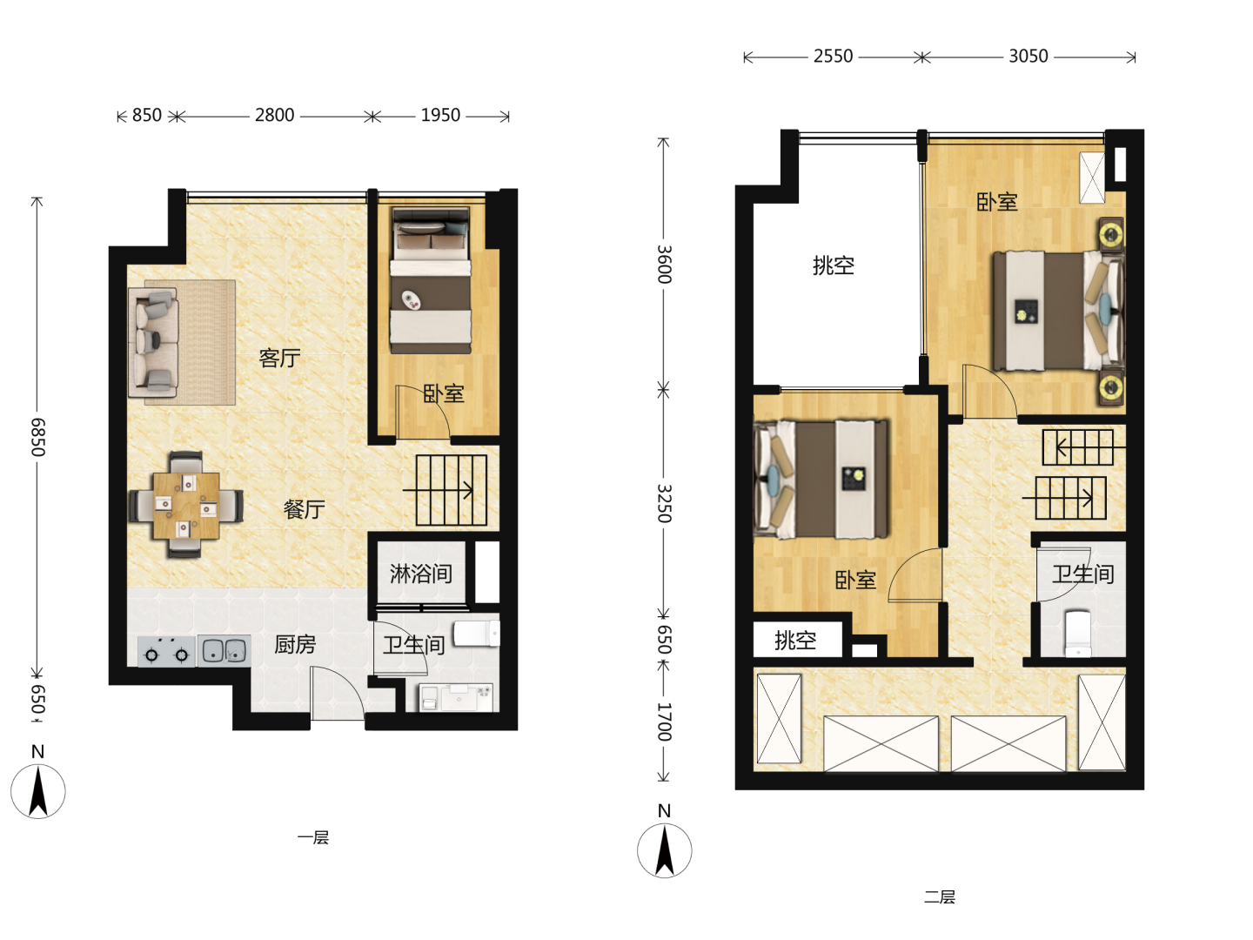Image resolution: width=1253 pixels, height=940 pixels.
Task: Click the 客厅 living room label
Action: click(279, 358)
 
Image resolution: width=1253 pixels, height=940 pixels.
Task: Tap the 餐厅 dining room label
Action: click(305, 509)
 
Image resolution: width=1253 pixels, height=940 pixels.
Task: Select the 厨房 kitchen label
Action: click(295, 644)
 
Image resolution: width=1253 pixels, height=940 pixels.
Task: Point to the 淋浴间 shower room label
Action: click(421, 574)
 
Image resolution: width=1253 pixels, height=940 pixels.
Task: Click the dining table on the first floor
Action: click(186, 506)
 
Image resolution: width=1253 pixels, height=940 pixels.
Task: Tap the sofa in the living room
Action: click(153, 342)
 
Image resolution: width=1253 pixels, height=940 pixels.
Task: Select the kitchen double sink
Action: click(224, 651)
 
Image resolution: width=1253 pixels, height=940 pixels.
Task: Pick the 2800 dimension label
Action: click(275, 115)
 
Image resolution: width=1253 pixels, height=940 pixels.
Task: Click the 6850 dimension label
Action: click(37, 437)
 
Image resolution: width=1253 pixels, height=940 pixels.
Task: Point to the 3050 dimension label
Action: click(1029, 57)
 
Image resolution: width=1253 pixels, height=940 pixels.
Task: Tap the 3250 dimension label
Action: click(664, 503)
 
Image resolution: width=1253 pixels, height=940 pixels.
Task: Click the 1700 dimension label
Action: click(664, 722)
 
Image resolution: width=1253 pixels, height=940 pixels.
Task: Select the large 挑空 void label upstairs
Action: click(834, 265)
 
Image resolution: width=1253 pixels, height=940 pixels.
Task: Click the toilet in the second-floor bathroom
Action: click(1078, 634)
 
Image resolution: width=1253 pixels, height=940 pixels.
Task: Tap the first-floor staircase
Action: click(451, 490)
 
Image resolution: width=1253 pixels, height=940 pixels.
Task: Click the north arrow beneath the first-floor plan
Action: click(38, 791)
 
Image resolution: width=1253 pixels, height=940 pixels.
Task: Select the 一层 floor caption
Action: click(313, 838)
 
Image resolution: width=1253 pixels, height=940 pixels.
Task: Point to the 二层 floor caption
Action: click(940, 897)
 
